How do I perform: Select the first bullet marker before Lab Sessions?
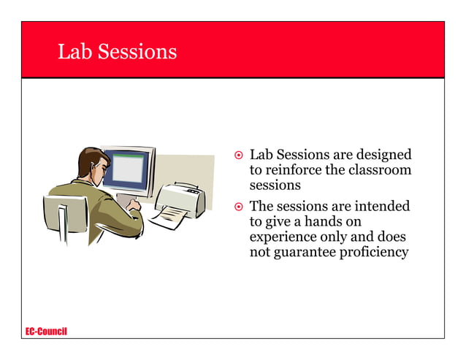coord(238,156)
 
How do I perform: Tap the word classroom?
coord(380,170)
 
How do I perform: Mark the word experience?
coord(282,238)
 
